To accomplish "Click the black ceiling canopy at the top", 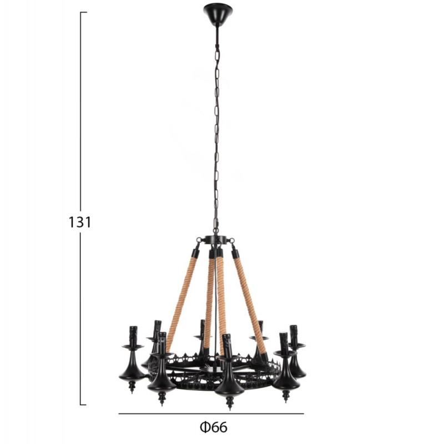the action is click(218, 14).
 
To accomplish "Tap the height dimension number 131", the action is click(80, 222).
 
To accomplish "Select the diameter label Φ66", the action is click(214, 427).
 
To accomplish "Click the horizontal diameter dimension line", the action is click(211, 413).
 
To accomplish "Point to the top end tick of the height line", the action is click(83, 12).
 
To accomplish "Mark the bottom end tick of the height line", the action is click(83, 405).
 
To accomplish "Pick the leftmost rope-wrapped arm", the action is click(182, 299).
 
